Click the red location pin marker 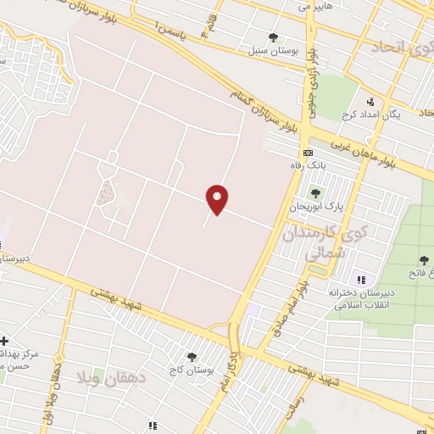tap(218, 199)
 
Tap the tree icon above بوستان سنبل tap(272, 37)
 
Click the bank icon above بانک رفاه tap(307, 153)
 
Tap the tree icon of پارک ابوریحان tap(317, 193)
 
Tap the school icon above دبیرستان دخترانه tap(361, 280)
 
